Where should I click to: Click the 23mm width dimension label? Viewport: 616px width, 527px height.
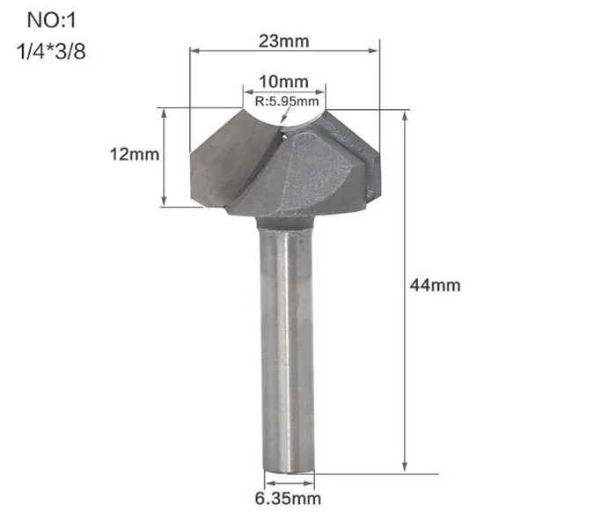point(283,40)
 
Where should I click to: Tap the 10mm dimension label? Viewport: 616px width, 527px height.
point(283,83)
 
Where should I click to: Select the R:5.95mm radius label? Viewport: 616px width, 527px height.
point(283,101)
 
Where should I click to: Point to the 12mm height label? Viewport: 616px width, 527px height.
point(135,155)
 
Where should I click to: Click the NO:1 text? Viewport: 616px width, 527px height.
point(49,19)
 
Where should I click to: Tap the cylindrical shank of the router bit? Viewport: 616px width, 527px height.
point(285,352)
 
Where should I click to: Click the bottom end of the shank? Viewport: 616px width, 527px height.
point(285,468)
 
